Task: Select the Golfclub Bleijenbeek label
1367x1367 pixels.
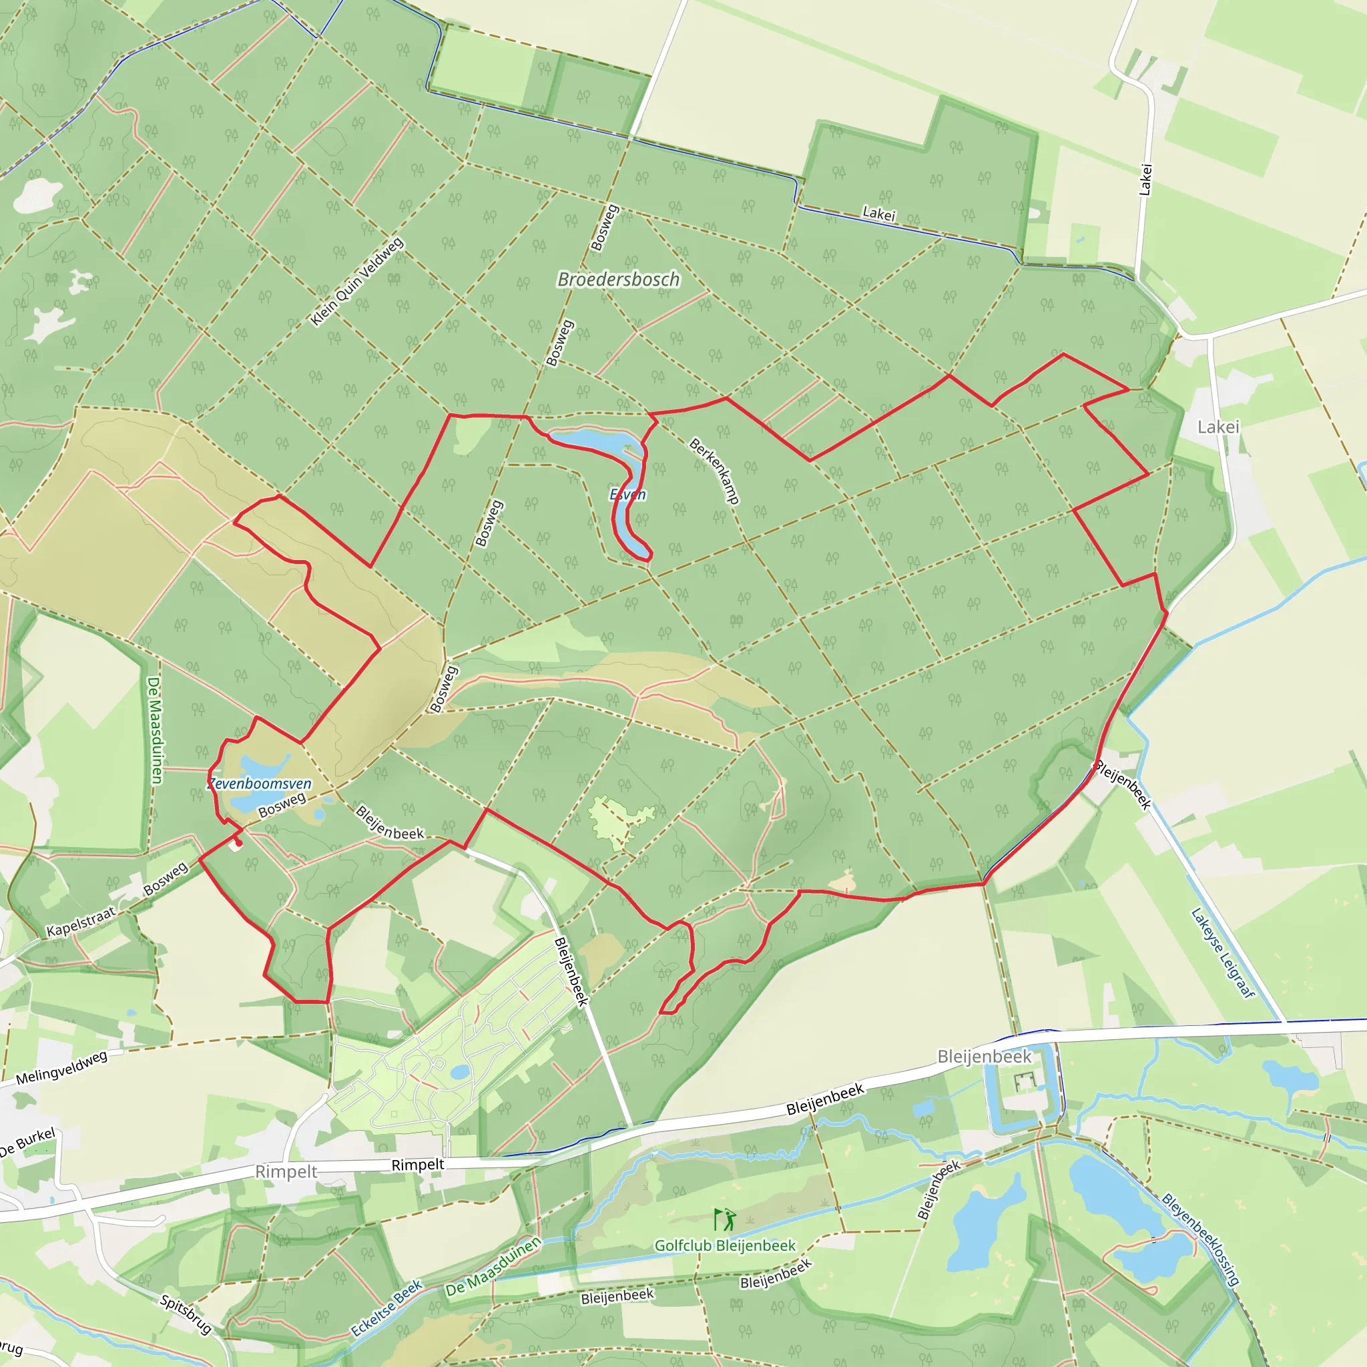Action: click(724, 1246)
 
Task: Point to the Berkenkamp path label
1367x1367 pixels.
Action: click(715, 471)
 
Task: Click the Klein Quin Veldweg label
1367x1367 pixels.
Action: click(357, 282)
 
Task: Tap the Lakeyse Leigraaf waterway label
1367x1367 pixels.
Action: click(1223, 953)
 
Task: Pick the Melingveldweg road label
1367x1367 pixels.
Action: click(61, 1068)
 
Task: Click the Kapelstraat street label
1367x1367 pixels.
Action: click(81, 921)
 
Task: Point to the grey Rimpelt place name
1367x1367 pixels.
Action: click(286, 1171)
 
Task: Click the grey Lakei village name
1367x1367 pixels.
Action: click(1217, 427)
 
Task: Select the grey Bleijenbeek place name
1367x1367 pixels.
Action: click(985, 1057)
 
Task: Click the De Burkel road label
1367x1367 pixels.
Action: click(27, 1143)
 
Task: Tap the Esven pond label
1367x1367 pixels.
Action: click(627, 495)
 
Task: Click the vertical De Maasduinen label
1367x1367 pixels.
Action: click(154, 730)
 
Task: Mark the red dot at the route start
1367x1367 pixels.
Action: click(238, 843)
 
